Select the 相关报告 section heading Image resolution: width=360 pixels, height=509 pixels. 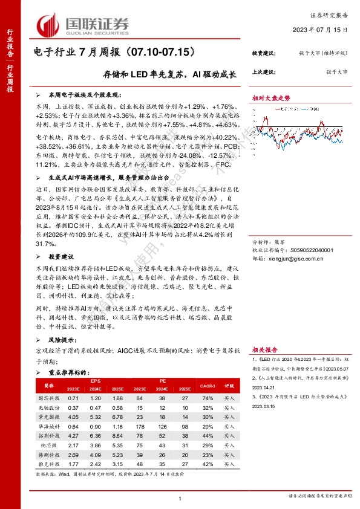point(265,349)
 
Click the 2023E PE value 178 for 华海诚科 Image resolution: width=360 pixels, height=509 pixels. point(140,426)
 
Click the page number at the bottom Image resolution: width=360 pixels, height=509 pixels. point(180,498)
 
